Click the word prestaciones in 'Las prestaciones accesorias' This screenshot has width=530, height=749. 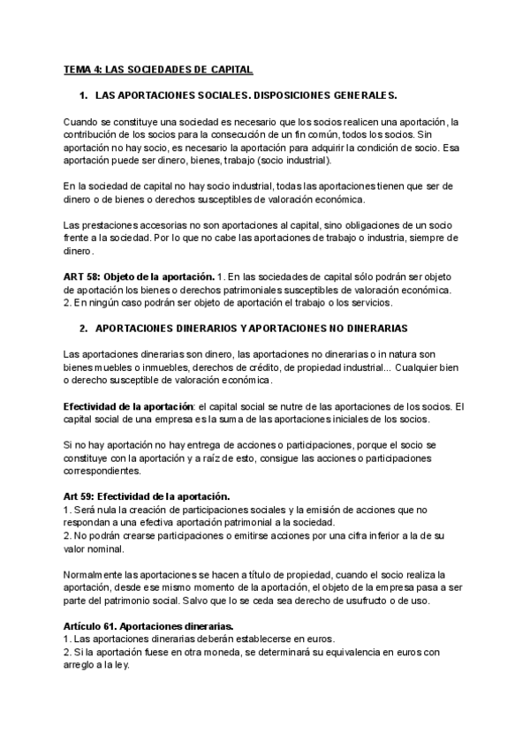(x=110, y=224)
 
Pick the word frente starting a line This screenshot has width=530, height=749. (x=78, y=238)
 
